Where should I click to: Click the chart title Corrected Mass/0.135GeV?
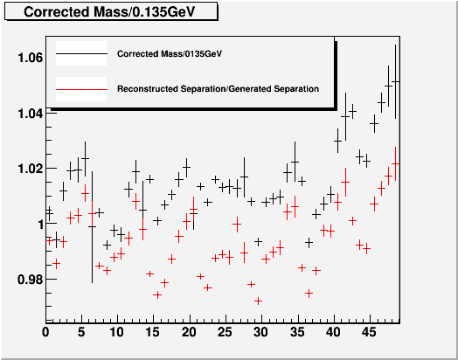[x=109, y=12]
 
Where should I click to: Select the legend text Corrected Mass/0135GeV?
[x=170, y=54]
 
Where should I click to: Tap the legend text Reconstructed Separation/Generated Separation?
[x=218, y=89]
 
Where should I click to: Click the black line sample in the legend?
[x=81, y=53]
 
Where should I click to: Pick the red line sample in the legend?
[x=81, y=89]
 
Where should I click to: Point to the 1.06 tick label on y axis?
[x=31, y=58]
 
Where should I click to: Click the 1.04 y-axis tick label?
[x=31, y=114]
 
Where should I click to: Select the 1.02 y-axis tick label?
[x=31, y=169]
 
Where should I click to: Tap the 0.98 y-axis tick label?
[x=31, y=280]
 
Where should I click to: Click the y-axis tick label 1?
[x=41, y=225]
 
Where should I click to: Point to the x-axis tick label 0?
[x=45, y=332]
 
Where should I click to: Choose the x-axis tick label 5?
[x=81, y=332]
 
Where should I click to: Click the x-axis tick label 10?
[x=117, y=332]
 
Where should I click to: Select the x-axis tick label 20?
[x=189, y=332]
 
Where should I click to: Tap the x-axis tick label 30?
[x=260, y=332]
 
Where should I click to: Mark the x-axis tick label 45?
[x=369, y=332]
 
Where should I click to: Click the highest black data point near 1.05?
[x=395, y=81]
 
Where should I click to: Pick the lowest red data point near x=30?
[x=258, y=301]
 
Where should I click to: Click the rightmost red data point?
[x=395, y=163]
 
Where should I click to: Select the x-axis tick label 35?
[x=297, y=332]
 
